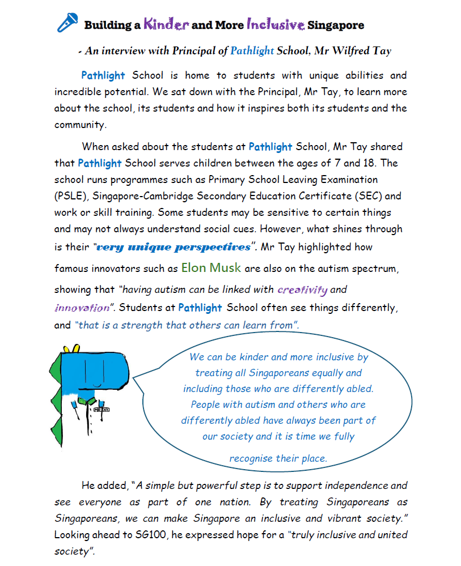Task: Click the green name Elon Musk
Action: (211, 267)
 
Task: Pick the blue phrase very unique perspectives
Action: (173, 247)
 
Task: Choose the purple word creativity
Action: (302, 290)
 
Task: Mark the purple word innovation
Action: (82, 308)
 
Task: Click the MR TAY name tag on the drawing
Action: (101, 409)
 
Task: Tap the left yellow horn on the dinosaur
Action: (64, 347)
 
